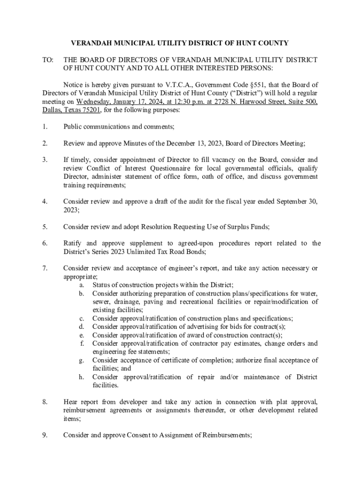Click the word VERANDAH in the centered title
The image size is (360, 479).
91,43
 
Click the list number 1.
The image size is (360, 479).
44,126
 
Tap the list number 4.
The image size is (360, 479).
44,202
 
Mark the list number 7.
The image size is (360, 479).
44,268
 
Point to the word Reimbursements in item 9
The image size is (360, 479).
226,435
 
